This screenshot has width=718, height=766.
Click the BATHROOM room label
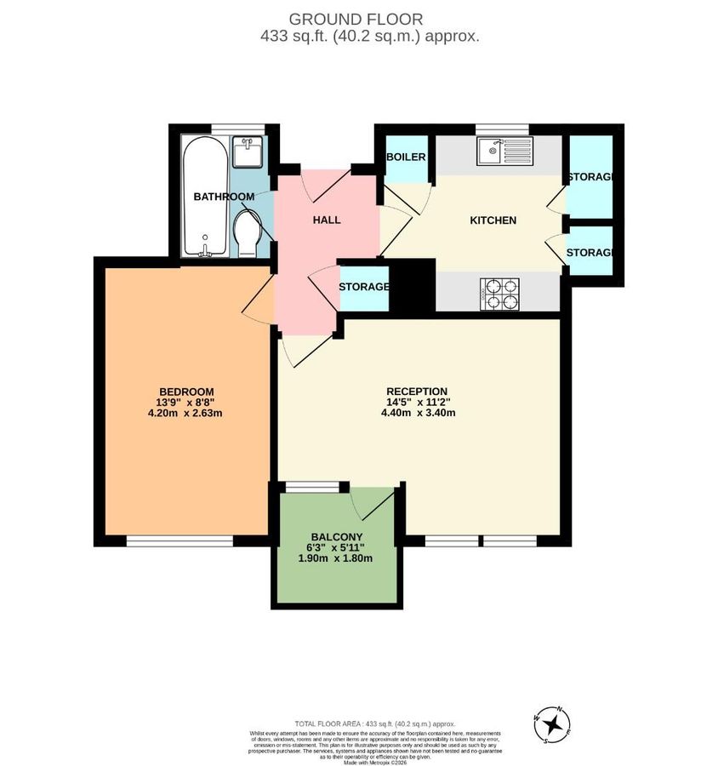tap(224, 197)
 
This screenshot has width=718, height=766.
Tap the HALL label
tap(326, 220)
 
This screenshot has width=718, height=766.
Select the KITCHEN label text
tap(493, 220)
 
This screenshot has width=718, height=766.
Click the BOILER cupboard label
tap(406, 157)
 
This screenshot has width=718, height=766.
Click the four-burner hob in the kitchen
tap(499, 294)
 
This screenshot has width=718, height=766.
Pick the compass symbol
tap(554, 724)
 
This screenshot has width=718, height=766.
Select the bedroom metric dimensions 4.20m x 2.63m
tap(185, 414)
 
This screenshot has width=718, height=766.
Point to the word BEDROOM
tap(185, 391)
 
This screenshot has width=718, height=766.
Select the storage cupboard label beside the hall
tap(364, 287)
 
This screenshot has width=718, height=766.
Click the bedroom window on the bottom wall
tap(179, 540)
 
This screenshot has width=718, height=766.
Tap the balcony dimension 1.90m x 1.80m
tap(335, 558)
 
